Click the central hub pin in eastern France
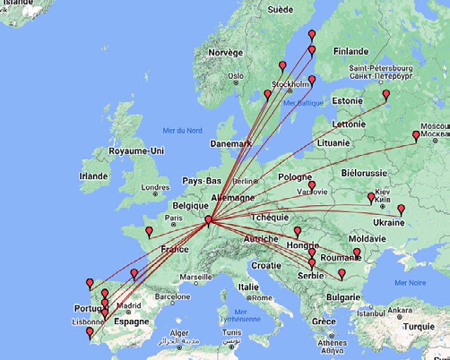point(209,221)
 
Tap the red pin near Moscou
point(416,136)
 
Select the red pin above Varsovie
point(312,185)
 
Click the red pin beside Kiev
point(371,197)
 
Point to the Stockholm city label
point(290,85)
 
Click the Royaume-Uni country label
point(136,151)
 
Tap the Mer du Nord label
point(182,131)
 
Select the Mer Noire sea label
point(410,283)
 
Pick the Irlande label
point(93,176)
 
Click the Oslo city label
point(236,76)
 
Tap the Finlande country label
point(351,52)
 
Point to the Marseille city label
point(196,277)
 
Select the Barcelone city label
point(172,296)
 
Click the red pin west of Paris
point(149,232)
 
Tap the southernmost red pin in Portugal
point(90,332)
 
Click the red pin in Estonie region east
point(386,95)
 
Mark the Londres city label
point(155,187)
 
